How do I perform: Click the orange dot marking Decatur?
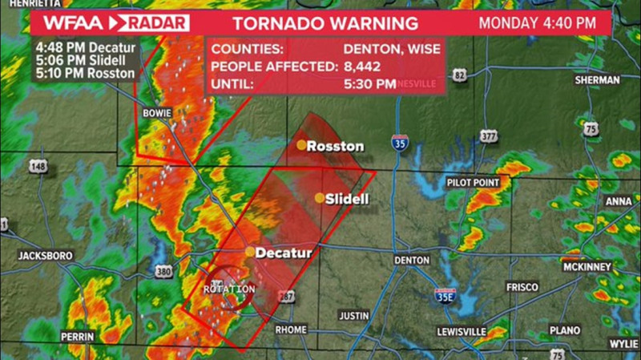point(251,252)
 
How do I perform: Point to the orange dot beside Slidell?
point(320,198)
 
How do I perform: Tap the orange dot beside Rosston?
point(301,145)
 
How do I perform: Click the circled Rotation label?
point(230,289)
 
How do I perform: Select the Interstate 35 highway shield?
point(399,143)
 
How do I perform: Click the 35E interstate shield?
point(445,294)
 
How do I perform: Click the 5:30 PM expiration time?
point(370,83)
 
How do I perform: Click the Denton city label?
point(412,261)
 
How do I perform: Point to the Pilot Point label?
point(473,182)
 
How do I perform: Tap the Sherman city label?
point(597,80)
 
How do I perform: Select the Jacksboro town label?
point(45,256)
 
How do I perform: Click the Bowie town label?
point(156,113)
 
